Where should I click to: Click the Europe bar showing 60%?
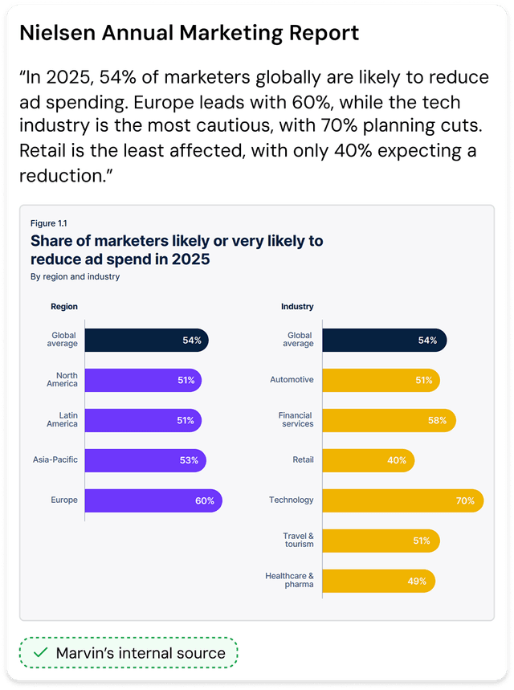(153, 500)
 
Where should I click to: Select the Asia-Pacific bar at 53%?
(145, 460)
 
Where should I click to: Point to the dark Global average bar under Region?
(146, 340)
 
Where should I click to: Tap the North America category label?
(67, 379)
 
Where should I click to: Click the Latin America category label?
(63, 419)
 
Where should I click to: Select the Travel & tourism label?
(298, 540)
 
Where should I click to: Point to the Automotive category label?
(292, 379)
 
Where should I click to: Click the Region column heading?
(64, 306)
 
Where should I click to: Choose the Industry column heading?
(297, 306)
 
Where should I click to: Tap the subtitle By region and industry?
(75, 276)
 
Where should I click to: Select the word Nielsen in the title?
(55, 33)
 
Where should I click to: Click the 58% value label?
(438, 420)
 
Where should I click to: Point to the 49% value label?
(417, 581)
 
